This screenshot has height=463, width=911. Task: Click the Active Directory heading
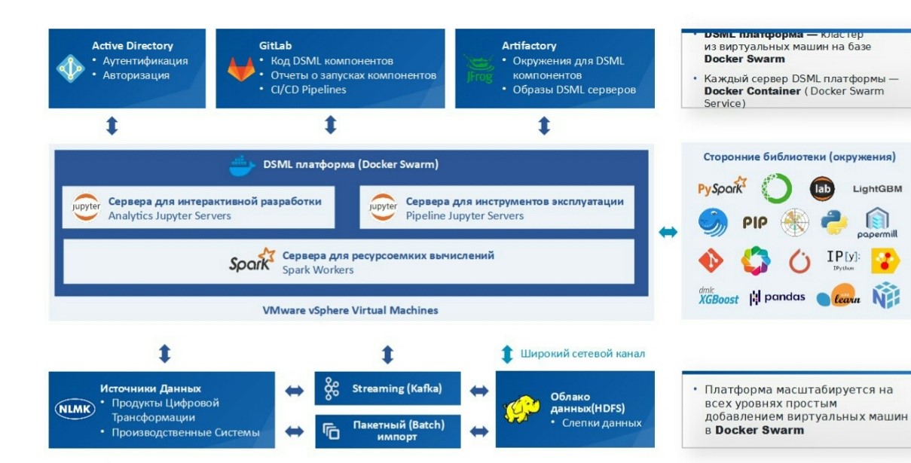click(x=133, y=46)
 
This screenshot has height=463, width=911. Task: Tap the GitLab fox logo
click(x=241, y=69)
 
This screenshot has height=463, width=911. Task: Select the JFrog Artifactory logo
click(x=479, y=69)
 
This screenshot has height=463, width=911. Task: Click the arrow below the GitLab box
click(x=330, y=125)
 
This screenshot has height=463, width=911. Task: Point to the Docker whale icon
click(x=242, y=165)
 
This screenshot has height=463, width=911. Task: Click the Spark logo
click(x=252, y=261)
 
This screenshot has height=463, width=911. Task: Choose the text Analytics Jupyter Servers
click(x=170, y=216)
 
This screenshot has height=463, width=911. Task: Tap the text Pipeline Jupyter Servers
click(x=464, y=216)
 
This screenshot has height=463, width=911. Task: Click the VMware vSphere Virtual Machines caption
click(x=350, y=310)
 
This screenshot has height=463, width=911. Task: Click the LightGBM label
click(x=877, y=189)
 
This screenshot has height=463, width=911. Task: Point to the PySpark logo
click(x=721, y=188)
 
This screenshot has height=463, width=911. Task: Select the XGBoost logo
click(x=718, y=297)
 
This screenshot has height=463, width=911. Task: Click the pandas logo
click(x=777, y=297)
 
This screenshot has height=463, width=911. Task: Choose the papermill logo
click(x=877, y=224)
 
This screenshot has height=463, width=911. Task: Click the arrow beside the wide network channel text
click(x=507, y=353)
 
